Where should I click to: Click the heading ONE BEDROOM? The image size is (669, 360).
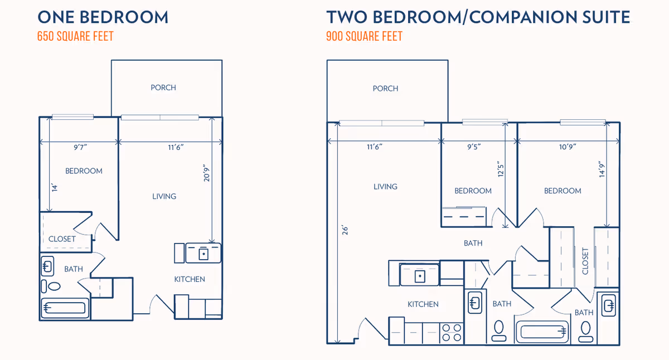(103, 17)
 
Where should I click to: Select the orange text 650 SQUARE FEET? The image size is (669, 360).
(75, 37)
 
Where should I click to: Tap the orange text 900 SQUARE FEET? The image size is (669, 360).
(364, 37)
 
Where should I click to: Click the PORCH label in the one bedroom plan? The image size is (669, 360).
(163, 87)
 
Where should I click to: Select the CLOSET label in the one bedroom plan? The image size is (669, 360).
(62, 239)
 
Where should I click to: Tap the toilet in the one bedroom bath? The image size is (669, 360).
(55, 287)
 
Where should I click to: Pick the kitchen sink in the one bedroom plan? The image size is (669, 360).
(203, 253)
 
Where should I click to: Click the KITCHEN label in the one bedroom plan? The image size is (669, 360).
(190, 279)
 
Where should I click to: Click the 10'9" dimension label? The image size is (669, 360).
(567, 147)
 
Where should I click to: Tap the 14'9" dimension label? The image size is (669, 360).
(600, 169)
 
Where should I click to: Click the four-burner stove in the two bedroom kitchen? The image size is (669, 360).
(452, 333)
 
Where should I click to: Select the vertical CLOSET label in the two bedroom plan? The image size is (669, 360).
(585, 261)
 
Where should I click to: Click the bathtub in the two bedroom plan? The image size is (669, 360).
(542, 332)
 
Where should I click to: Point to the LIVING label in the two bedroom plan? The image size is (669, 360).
(385, 187)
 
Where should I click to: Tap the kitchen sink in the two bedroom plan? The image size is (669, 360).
(420, 274)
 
